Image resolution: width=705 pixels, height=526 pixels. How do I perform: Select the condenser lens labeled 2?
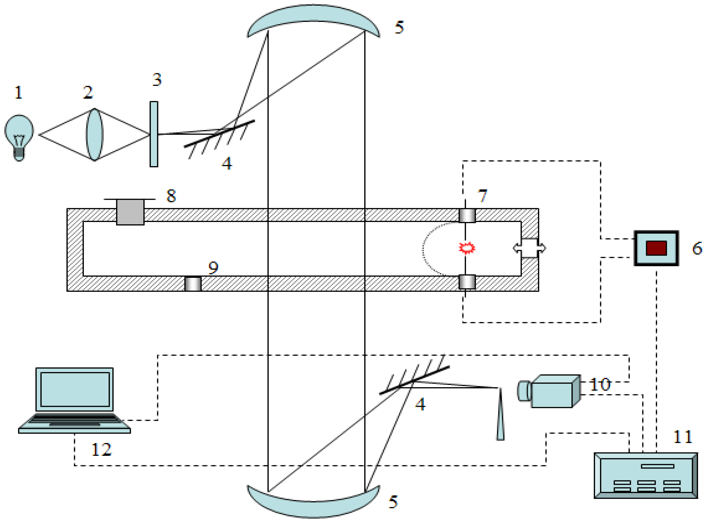[x=94, y=134]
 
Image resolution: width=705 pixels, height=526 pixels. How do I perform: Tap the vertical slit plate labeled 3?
[x=154, y=134]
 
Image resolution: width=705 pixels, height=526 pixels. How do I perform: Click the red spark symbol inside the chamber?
[x=467, y=248]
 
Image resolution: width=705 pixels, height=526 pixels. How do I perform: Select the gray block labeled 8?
[x=130, y=212]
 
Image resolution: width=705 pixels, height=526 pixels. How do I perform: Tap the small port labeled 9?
[x=193, y=284]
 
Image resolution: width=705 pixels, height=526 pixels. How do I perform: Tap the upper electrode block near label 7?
[x=467, y=215]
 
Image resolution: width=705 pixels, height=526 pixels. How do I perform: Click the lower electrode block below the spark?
[x=467, y=282]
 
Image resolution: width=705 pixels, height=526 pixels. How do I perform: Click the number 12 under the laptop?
[x=101, y=450]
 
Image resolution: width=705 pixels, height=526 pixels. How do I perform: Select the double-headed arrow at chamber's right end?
[x=529, y=248]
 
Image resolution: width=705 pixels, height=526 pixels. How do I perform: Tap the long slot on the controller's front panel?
[x=657, y=466]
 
